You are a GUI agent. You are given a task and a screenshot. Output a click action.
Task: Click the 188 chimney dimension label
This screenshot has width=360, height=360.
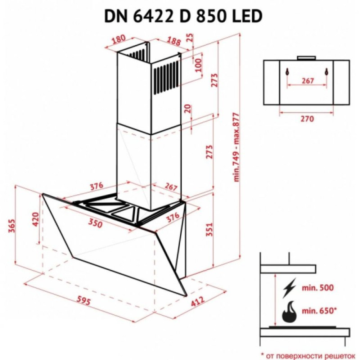pos(174,41)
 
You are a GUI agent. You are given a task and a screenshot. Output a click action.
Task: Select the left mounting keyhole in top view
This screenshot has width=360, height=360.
pos(287,72)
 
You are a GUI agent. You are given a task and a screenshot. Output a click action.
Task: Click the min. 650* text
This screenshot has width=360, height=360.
pos(320,310)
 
